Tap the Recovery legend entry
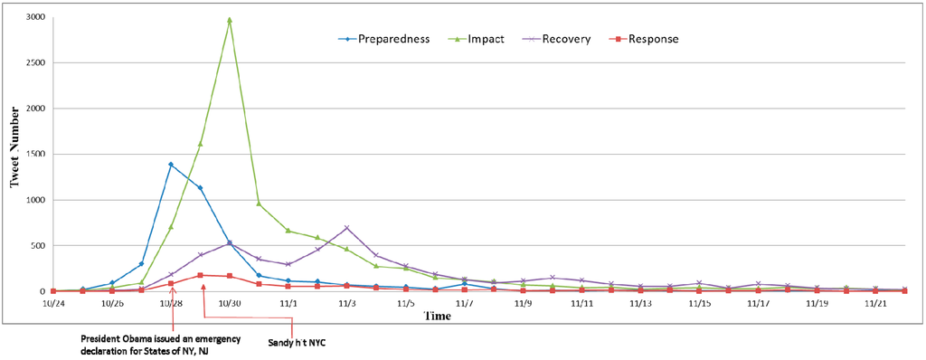pos(566,39)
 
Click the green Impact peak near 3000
pos(230,19)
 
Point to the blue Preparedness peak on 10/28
pos(171,165)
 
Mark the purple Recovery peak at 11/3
pos(346,228)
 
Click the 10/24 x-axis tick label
pos(53,303)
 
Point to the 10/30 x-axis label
pos(230,303)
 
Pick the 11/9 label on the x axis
pos(524,303)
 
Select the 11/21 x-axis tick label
pos(876,303)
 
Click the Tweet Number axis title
pos(14,154)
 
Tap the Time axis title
pos(439,316)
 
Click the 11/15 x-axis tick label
pos(700,303)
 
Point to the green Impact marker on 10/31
pos(259,204)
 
